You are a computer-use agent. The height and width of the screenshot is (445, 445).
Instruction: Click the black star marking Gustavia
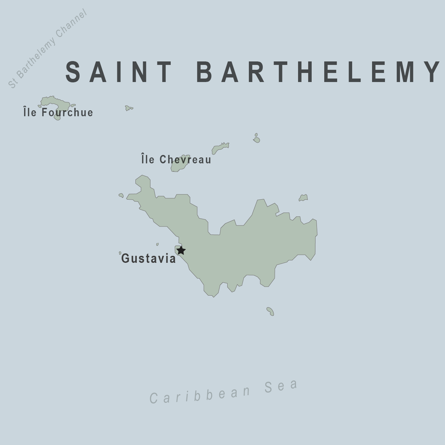point(181,250)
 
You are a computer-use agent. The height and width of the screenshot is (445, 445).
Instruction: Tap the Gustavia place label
point(149,259)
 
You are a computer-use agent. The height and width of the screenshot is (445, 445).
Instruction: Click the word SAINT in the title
point(119,72)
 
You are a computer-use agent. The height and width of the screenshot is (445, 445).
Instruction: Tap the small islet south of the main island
point(270,311)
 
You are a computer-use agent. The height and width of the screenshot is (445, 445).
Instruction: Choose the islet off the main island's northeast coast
point(303,198)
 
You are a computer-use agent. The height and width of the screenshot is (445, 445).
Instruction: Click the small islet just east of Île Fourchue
point(129,108)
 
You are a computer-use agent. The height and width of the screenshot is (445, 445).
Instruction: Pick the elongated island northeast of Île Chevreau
point(220,148)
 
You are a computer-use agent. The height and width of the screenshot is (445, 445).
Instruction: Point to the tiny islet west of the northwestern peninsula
point(121,195)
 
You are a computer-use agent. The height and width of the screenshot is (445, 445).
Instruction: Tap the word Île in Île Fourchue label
point(30,112)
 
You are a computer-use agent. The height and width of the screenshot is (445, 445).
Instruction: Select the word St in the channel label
point(13,83)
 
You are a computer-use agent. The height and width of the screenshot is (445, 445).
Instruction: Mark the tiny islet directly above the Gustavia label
point(157,244)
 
